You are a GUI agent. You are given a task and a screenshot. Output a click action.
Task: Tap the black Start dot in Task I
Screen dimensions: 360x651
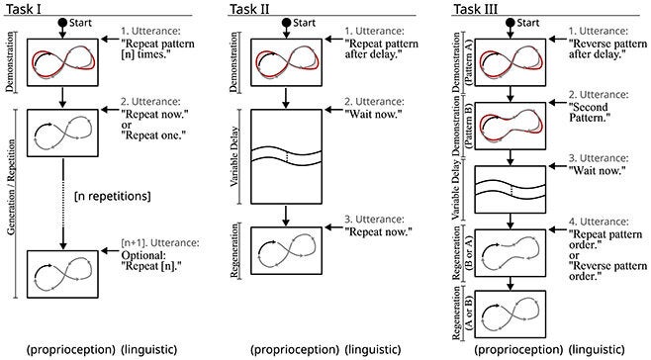62,22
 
